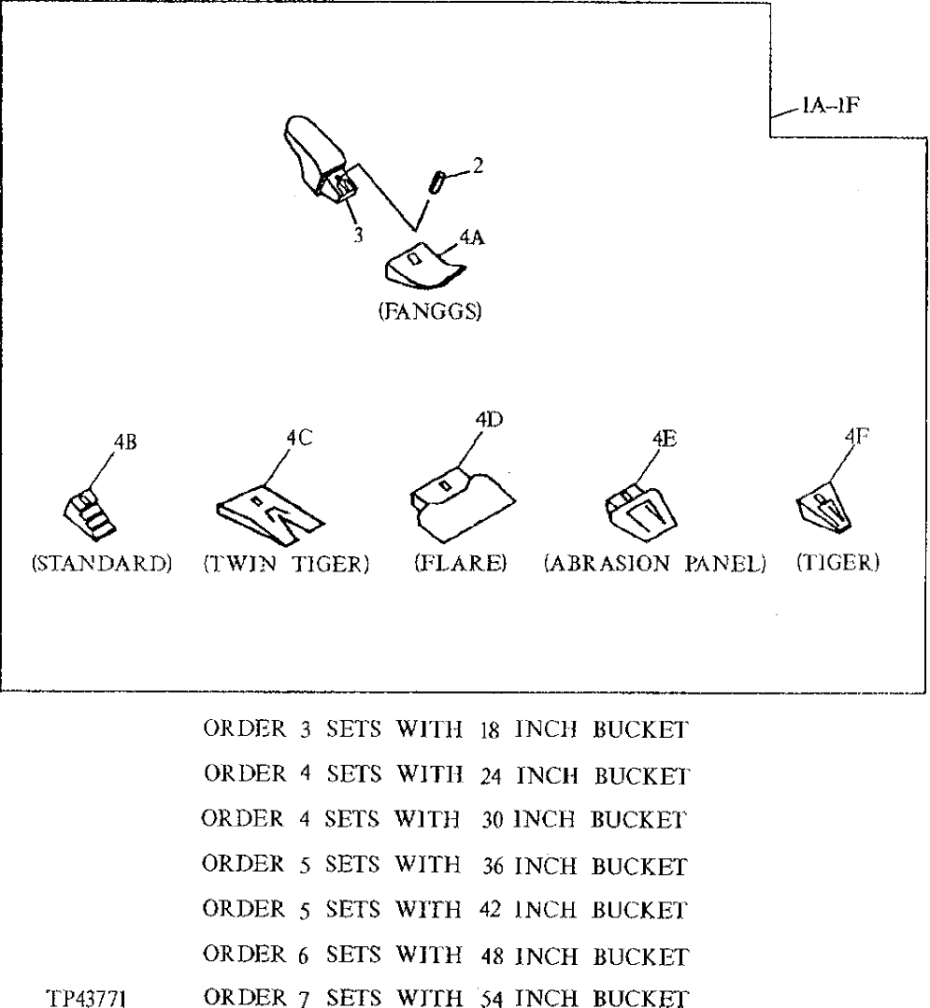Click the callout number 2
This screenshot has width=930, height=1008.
click(478, 166)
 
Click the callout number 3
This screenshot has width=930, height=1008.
click(358, 236)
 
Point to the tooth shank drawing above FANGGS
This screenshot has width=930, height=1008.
click(318, 159)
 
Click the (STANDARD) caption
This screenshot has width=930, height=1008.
click(102, 564)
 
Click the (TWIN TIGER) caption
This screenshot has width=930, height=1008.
click(285, 564)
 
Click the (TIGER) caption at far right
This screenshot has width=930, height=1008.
click(838, 564)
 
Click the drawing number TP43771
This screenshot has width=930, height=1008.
click(88, 999)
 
